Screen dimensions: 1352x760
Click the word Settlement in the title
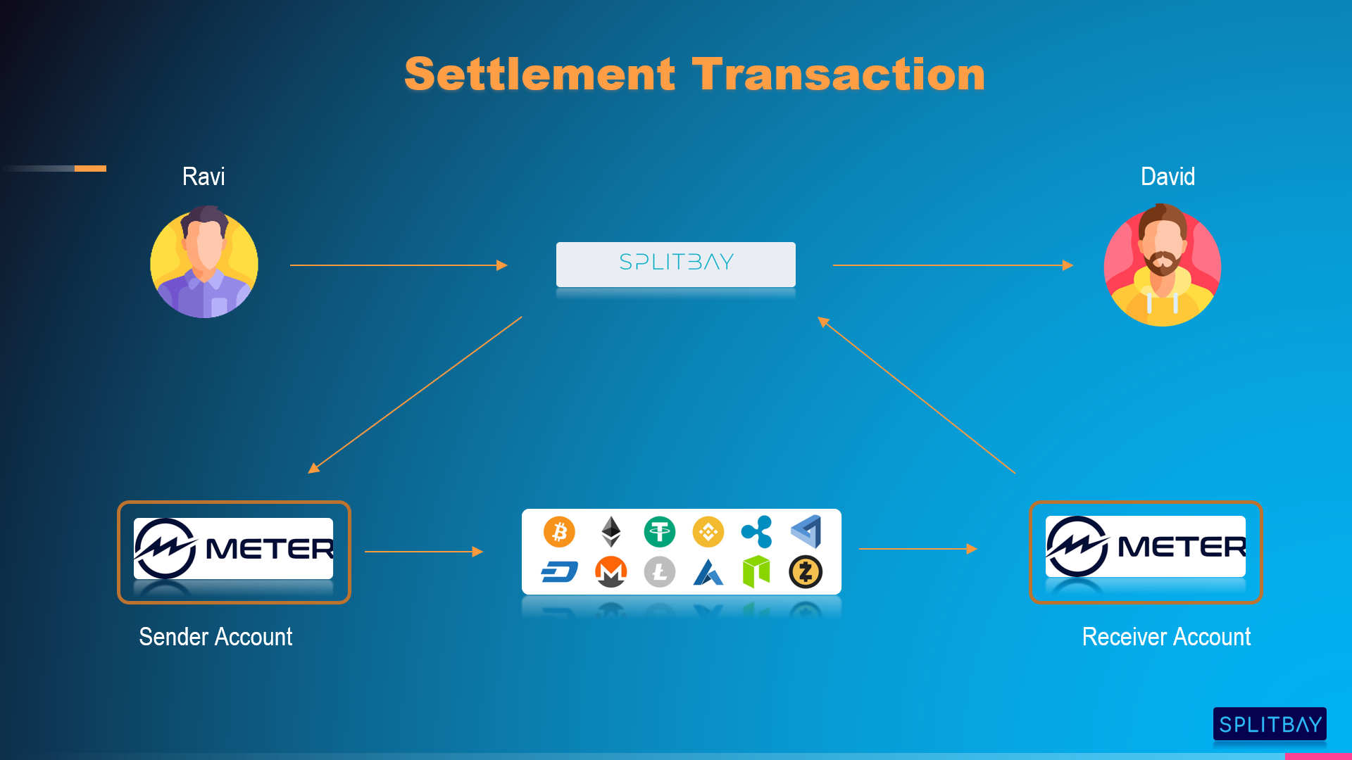coord(539,75)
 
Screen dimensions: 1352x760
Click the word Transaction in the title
coord(838,75)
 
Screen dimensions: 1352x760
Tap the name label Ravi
coord(204,176)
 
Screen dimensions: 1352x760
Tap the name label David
coord(1168,176)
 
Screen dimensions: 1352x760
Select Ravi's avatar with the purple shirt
coord(204,263)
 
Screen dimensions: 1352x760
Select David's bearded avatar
coord(1162,265)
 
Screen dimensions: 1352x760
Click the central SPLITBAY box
coord(676,264)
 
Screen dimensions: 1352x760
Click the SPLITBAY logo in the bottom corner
coord(1270,724)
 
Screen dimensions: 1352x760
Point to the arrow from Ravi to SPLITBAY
coord(398,265)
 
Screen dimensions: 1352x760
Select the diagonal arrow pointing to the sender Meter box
coord(415,395)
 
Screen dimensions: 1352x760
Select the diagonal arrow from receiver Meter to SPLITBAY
coord(915,395)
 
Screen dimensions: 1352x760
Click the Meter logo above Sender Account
coord(234,549)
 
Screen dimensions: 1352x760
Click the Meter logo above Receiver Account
coord(1146,547)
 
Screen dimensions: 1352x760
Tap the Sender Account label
coord(215,637)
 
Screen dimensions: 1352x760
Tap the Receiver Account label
coord(1166,637)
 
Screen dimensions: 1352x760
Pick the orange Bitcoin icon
coord(560,532)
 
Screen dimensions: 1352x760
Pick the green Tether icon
coord(659,532)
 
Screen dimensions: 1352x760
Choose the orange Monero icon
coord(611,571)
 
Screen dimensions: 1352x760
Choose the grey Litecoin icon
coord(659,571)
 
